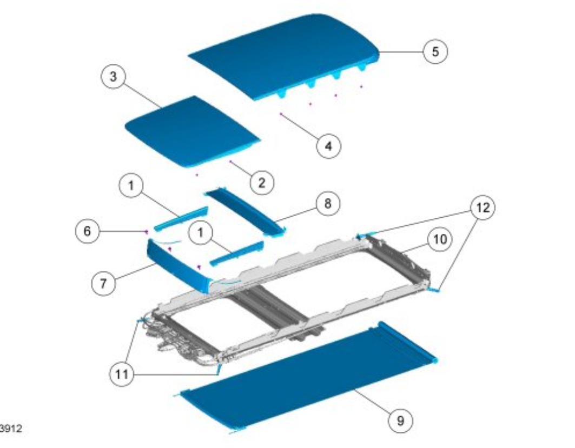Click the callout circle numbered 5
coord(435,51)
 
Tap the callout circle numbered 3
coord(113,76)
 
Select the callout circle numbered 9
coord(400,420)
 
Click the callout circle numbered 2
coord(261,182)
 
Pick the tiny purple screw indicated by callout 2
coord(231,161)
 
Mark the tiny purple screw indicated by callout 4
coord(281,114)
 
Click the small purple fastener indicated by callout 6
coord(147,231)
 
